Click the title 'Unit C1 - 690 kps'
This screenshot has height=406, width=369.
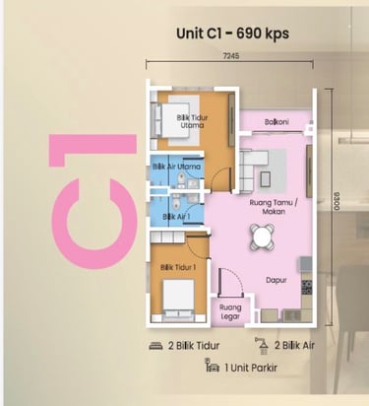click(232, 34)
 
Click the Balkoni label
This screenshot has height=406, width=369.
click(277, 122)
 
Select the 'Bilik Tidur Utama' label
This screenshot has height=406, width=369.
click(192, 121)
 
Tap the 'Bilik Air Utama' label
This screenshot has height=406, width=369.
click(176, 167)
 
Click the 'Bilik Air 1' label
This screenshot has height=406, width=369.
click(176, 217)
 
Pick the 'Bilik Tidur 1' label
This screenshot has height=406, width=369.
click(178, 268)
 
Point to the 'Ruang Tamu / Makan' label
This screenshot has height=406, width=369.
click(274, 207)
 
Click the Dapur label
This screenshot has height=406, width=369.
click(277, 280)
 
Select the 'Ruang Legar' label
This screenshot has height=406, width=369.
click(230, 312)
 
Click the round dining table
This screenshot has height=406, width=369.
click(263, 237)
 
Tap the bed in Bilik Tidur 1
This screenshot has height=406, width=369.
click(178, 299)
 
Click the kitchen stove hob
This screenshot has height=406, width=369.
click(307, 287)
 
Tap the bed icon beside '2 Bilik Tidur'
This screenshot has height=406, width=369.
click(156, 346)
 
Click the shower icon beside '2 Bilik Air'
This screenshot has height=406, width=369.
click(262, 346)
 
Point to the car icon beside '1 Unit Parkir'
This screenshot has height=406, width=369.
click(212, 366)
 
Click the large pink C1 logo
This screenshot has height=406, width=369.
click(93, 201)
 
